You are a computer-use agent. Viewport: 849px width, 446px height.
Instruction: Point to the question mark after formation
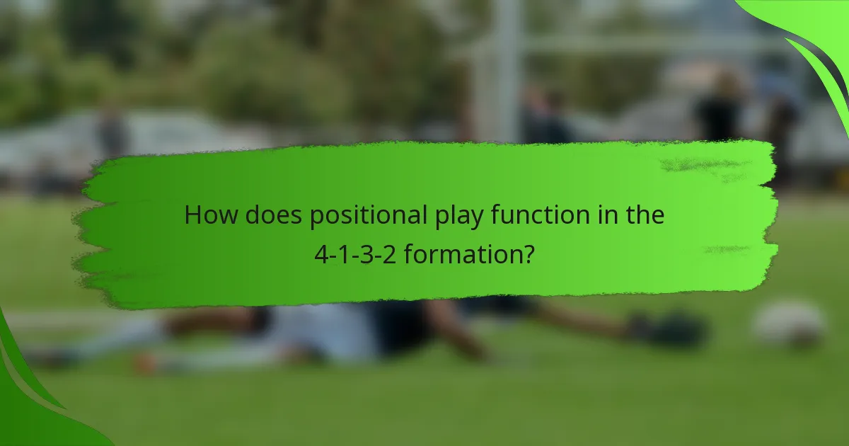click(527, 253)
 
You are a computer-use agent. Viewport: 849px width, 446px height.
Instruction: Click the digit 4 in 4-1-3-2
click(320, 253)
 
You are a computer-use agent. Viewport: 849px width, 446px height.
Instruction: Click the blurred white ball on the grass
click(788, 324)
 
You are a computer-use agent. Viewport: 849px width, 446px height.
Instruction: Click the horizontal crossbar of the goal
click(637, 44)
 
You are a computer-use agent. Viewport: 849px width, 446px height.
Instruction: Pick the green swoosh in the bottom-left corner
click(28, 404)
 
